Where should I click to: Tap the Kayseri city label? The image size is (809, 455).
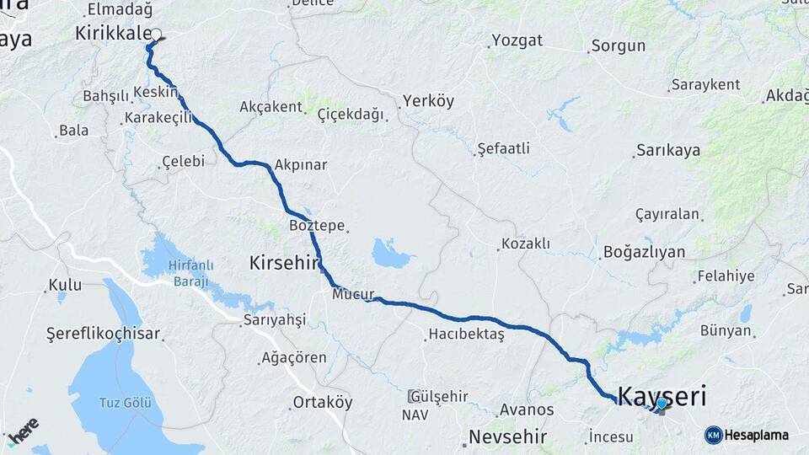662,394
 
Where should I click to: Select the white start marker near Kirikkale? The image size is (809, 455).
156,35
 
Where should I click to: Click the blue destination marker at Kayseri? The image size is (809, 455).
662,404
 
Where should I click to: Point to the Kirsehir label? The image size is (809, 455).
285,264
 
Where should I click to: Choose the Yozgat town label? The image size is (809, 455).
517,40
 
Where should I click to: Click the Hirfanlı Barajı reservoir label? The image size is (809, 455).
187,273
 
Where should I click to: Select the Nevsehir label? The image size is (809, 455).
507,437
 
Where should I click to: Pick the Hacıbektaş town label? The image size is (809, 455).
466,335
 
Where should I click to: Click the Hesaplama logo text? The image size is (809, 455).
756,435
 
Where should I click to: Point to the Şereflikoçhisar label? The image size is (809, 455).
104,334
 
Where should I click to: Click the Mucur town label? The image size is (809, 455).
352,294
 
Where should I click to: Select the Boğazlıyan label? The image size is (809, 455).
644,252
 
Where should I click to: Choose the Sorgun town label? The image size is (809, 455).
618,45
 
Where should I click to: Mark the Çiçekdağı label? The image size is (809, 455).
351,114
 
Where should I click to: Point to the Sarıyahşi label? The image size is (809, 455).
274,319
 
